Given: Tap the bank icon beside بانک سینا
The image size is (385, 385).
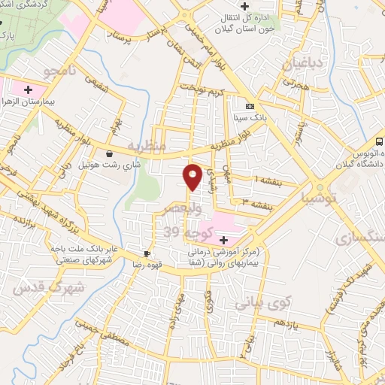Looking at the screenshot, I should click(x=250, y=106).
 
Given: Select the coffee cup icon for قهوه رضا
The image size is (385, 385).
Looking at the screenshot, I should click(x=148, y=253).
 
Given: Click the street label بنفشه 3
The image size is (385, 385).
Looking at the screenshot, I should click(x=250, y=201).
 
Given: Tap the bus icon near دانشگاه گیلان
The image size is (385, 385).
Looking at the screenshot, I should click(x=380, y=141).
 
